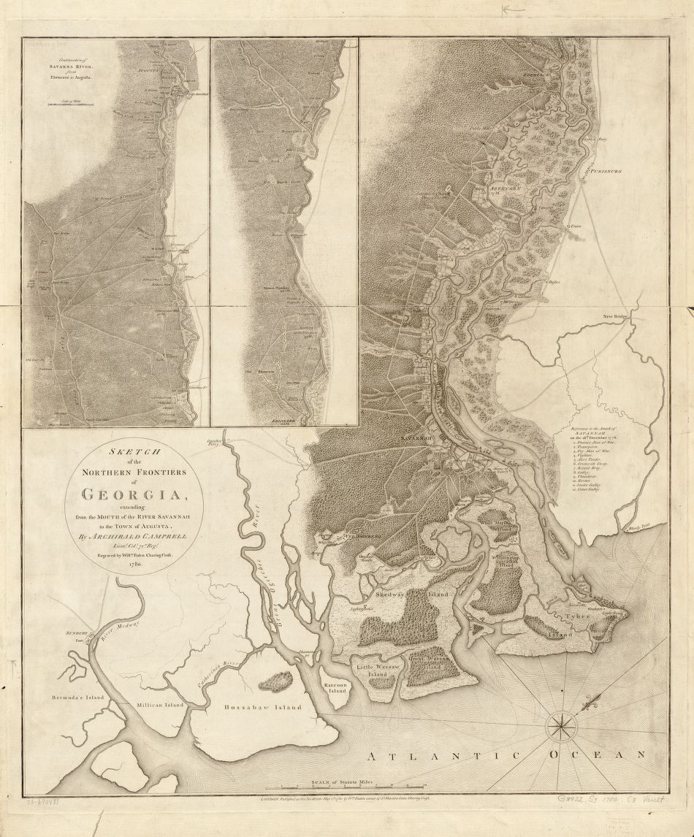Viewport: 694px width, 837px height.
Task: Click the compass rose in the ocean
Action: [560, 725]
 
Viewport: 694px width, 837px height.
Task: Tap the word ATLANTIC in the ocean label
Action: [418, 755]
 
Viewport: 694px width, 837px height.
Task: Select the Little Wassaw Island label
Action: [375, 670]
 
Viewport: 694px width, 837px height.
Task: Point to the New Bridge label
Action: [615, 316]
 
